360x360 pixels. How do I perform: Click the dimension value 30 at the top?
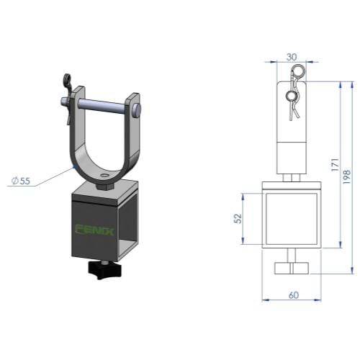coord(292,57)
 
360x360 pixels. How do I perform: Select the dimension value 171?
coord(336,164)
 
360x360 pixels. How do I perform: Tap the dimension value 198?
coord(347,177)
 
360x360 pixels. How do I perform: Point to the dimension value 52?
coord(238,218)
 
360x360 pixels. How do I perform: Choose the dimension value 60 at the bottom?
coord(294,295)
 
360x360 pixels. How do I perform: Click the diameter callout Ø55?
coord(22,181)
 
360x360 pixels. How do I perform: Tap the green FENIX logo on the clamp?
coord(94,230)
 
